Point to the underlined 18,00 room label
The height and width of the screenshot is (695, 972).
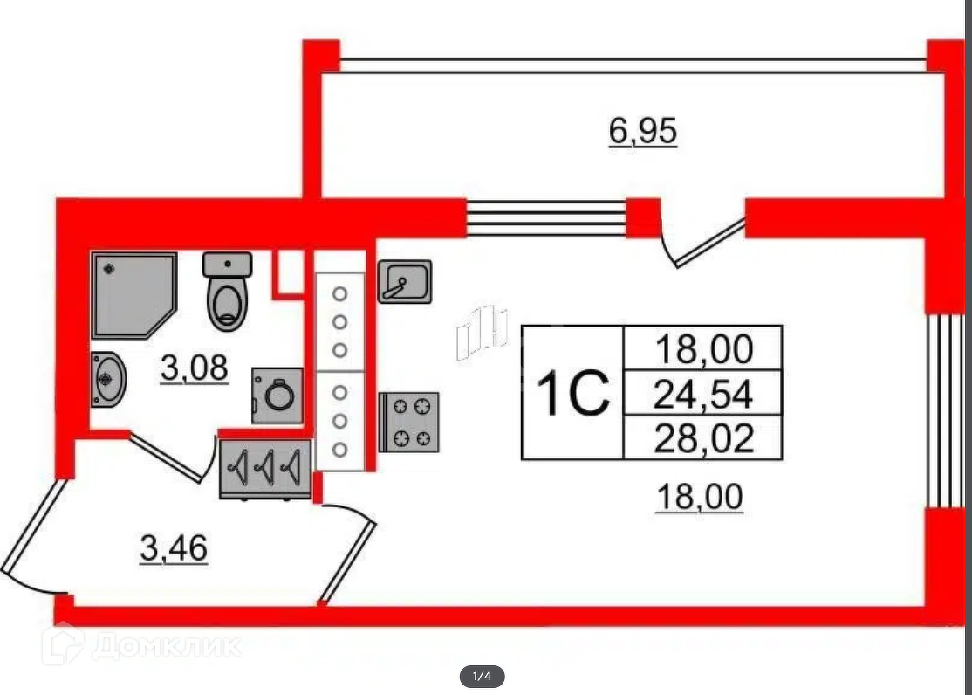pos(699,498)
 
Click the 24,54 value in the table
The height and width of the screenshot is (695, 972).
pos(702,396)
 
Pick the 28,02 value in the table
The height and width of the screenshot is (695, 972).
pos(702,438)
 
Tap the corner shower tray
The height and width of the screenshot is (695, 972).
pos(133,294)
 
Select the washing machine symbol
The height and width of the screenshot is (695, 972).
pos(278,396)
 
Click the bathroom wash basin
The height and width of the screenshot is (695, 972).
pos(108,379)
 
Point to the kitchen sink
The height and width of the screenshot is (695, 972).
pos(404,281)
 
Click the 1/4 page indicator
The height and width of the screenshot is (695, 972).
pos(483,676)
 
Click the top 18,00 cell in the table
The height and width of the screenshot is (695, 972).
pos(702,350)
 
